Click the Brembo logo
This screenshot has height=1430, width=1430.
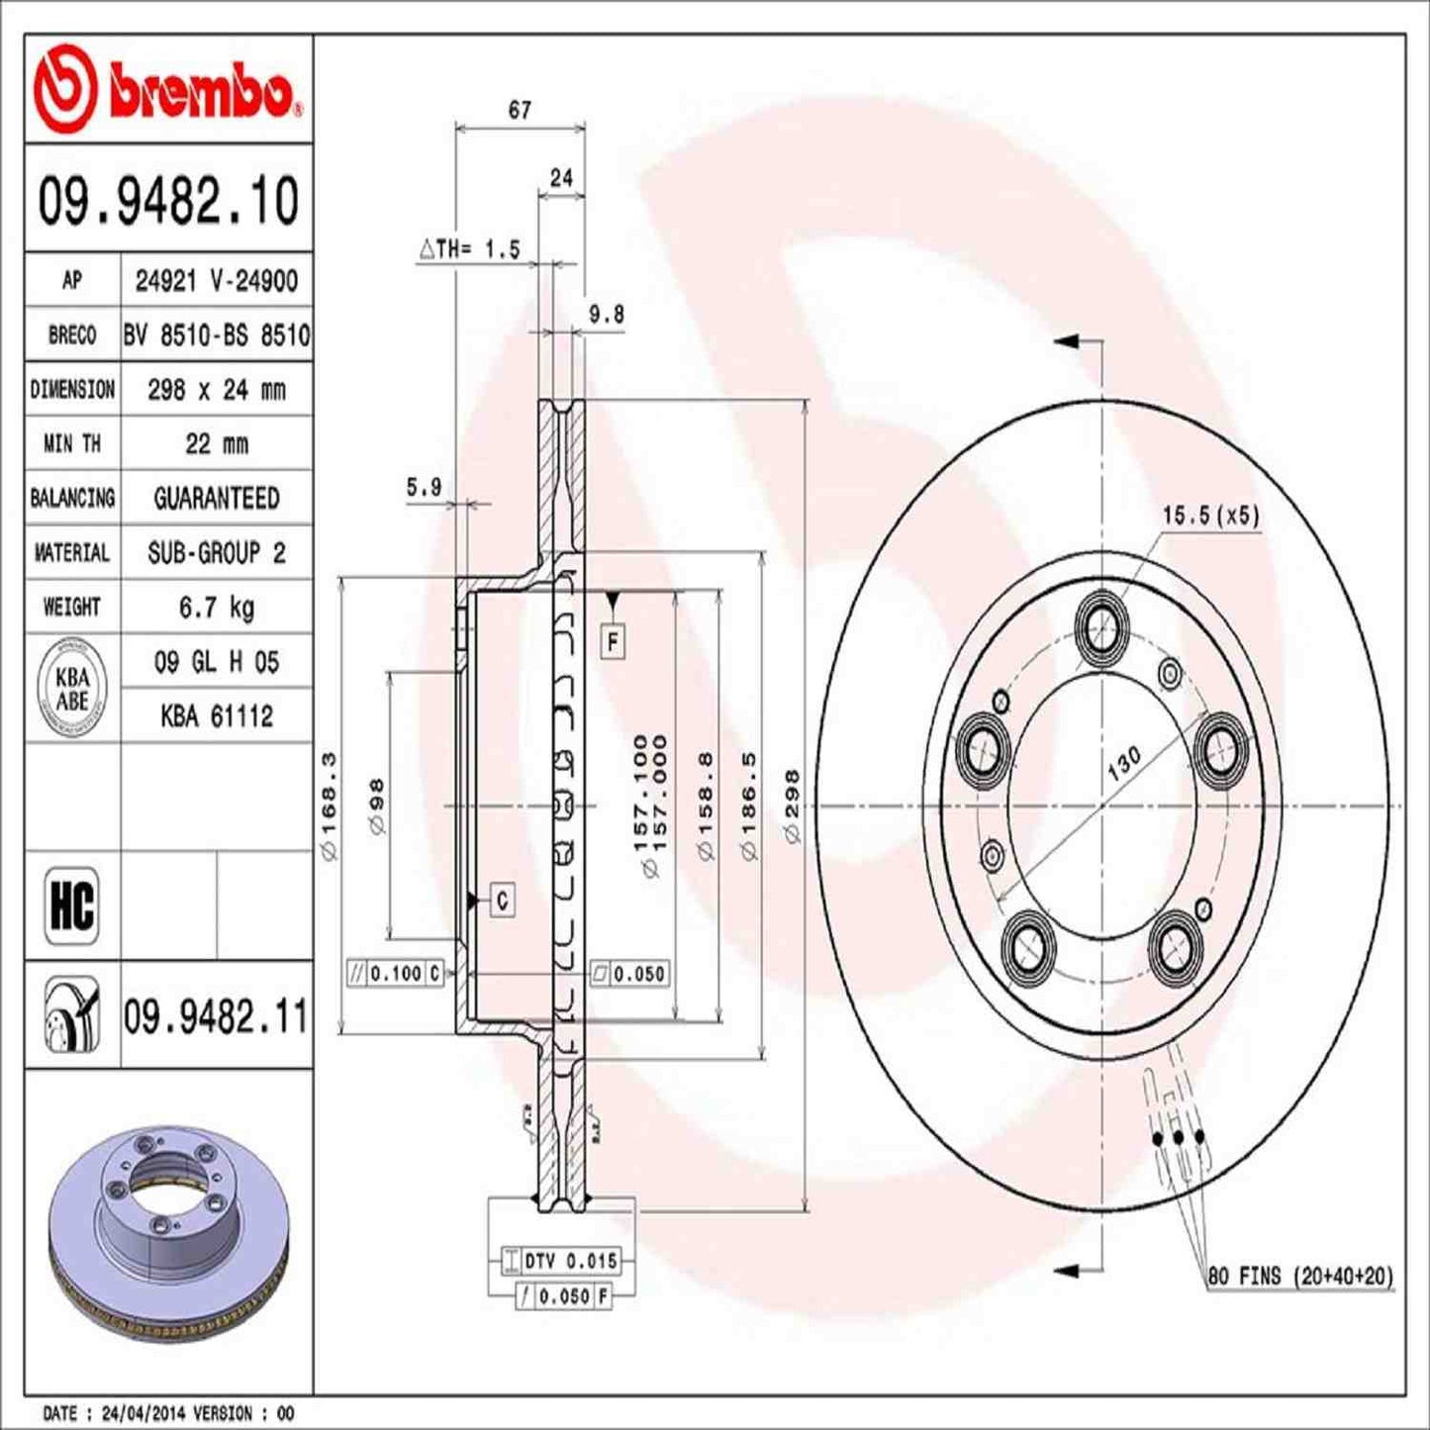[x=166, y=90]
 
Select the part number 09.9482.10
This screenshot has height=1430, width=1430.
[x=168, y=201]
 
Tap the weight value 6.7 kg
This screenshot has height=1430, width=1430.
[x=216, y=607]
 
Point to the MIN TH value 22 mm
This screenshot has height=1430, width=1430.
[x=216, y=443]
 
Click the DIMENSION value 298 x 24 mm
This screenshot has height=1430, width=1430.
[x=216, y=390]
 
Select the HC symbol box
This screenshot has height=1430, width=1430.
[x=72, y=905]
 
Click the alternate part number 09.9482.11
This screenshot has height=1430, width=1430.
[x=216, y=1016]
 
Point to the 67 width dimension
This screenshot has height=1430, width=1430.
[x=520, y=111]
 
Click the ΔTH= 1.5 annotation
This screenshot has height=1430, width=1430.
[x=469, y=249]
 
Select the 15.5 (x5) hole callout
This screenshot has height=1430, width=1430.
[x=1209, y=516]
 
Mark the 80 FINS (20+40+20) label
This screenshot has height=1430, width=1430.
[x=1299, y=1277]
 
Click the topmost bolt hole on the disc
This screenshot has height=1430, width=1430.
[x=1102, y=623]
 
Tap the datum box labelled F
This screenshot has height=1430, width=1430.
[x=614, y=642]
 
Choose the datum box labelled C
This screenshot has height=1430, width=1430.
[x=503, y=901]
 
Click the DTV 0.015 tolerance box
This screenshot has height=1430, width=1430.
[x=570, y=1261]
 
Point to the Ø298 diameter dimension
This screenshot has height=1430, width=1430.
[x=792, y=807]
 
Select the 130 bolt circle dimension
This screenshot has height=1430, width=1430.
[x=1124, y=763]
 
